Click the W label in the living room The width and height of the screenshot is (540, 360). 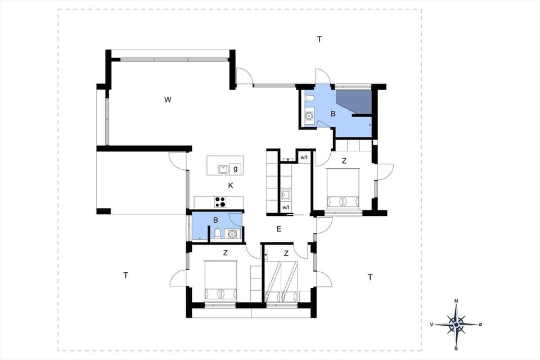pyautogui.click(x=168, y=100)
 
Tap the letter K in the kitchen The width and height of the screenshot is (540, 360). pyautogui.click(x=231, y=186)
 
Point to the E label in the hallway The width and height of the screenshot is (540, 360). pyautogui.click(x=278, y=229)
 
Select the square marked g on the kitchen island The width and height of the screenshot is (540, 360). pyautogui.click(x=235, y=169)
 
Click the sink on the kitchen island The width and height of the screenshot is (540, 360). pyautogui.click(x=223, y=168)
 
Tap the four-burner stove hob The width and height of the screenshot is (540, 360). pyautogui.click(x=220, y=202)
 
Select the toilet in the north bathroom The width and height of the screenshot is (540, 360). pyautogui.click(x=309, y=100)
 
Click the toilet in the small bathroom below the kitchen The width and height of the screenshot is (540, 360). pyautogui.click(x=217, y=233)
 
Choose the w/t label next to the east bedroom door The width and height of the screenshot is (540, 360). pyautogui.click(x=304, y=157)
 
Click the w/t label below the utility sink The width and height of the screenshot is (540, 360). pyautogui.click(x=286, y=208)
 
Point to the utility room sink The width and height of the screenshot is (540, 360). pyautogui.click(x=286, y=195)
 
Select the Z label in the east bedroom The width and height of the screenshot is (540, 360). pyautogui.click(x=344, y=161)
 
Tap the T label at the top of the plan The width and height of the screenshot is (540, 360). pyautogui.click(x=319, y=39)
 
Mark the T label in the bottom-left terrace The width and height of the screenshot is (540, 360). pyautogui.click(x=126, y=275)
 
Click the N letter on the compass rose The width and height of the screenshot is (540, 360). pyautogui.click(x=456, y=301)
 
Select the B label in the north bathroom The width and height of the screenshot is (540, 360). pyautogui.click(x=333, y=114)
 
